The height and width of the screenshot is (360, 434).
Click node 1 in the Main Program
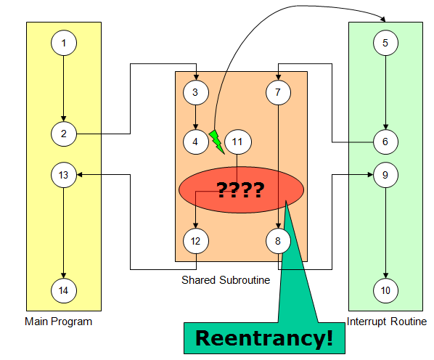(64, 44)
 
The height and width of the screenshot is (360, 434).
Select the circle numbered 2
(64, 133)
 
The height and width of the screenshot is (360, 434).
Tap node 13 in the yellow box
(64, 175)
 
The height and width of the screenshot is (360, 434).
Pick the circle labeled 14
(64, 290)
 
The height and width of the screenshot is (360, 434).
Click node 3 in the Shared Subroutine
(196, 92)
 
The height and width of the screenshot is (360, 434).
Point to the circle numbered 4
(196, 142)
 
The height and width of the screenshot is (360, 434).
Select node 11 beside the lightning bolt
(237, 142)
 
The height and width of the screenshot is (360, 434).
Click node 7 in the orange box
(278, 92)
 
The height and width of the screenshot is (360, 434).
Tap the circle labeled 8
(278, 240)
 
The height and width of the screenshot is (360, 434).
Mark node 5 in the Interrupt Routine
(385, 43)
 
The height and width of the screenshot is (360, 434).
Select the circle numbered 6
(385, 141)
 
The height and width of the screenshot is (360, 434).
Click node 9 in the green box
(385, 175)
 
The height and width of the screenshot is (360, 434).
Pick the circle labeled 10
(385, 290)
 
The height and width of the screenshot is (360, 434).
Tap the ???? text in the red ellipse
(240, 191)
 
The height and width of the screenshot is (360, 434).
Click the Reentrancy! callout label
(265, 337)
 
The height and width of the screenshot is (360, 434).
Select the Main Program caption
(58, 322)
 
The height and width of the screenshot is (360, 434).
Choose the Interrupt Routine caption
(386, 322)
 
